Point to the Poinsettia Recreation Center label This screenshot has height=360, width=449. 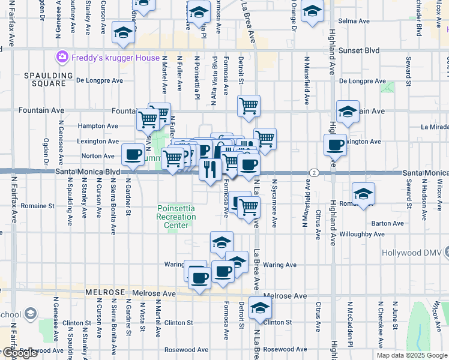(x=176, y=217)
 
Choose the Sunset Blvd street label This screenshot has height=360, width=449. (x=360, y=51)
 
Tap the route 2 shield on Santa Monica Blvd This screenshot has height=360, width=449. (x=314, y=172)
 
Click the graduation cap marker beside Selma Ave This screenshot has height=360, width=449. (x=312, y=11)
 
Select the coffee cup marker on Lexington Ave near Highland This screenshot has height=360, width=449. (x=335, y=145)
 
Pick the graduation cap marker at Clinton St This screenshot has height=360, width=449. (x=260, y=307)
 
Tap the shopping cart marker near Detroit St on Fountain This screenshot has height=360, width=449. (x=249, y=106)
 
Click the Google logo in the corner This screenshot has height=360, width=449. (x=19, y=353)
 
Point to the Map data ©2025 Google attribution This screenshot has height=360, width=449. (x=411, y=355)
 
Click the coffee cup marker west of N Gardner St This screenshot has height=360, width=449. (x=133, y=155)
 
